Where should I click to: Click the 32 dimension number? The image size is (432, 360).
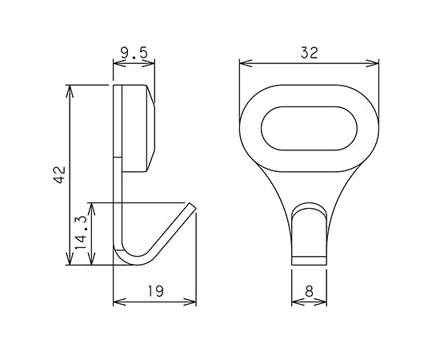tap(310, 53)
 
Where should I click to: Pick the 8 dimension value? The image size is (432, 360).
tap(310, 292)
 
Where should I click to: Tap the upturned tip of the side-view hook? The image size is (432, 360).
tap(190, 207)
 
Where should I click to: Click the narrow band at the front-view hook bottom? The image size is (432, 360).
tap(309, 260)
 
